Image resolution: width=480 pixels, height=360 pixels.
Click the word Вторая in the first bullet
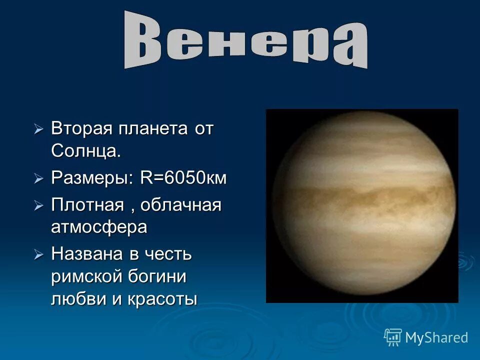82,129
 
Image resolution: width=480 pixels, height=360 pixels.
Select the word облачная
180,205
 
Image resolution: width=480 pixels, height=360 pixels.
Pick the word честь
167,254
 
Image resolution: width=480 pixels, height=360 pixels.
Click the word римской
83,276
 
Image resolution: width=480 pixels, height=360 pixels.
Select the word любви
73,299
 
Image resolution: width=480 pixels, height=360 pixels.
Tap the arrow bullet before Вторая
39,129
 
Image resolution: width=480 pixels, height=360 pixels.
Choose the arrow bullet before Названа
39,254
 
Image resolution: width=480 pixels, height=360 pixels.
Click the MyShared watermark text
436,337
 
